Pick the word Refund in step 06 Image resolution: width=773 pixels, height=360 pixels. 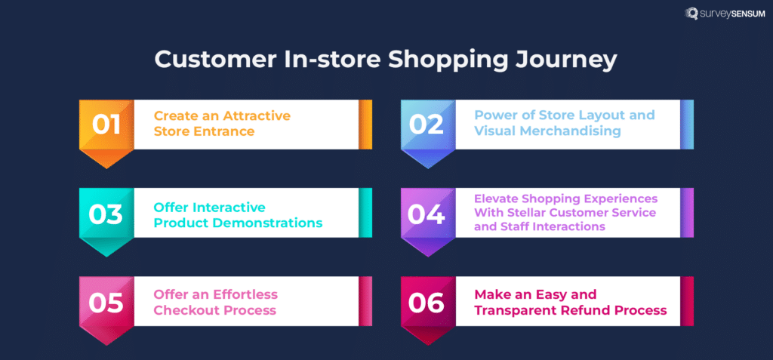pyautogui.click(x=589, y=310)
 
